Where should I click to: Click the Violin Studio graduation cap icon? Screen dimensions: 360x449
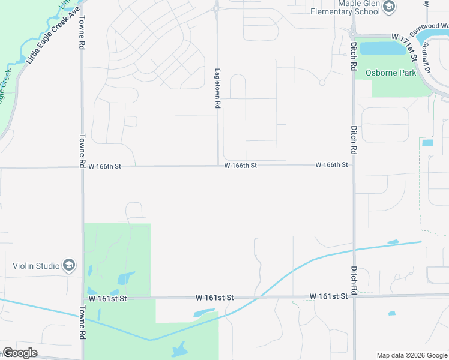pos(70,266)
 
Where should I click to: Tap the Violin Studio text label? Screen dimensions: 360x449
pos(37,266)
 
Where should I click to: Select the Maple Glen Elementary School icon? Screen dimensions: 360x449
pos(389,7)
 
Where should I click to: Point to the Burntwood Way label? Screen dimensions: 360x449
pos(429,29)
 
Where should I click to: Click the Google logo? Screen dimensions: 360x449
pos(20,353)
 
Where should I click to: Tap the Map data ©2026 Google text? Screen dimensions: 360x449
pos(412,355)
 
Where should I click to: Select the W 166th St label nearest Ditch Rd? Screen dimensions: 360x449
pos(332,164)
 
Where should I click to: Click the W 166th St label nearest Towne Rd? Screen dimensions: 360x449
pos(105,166)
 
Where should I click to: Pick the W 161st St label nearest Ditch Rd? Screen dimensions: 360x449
pos(329,296)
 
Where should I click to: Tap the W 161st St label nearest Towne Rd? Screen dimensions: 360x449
pos(107,298)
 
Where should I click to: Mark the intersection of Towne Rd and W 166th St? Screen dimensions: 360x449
pos(82,167)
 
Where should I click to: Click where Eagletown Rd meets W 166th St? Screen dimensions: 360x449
pos(218,166)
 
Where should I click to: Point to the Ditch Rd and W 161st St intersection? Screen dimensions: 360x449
pos(354,296)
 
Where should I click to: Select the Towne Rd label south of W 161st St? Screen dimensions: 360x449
pos(82,323)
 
